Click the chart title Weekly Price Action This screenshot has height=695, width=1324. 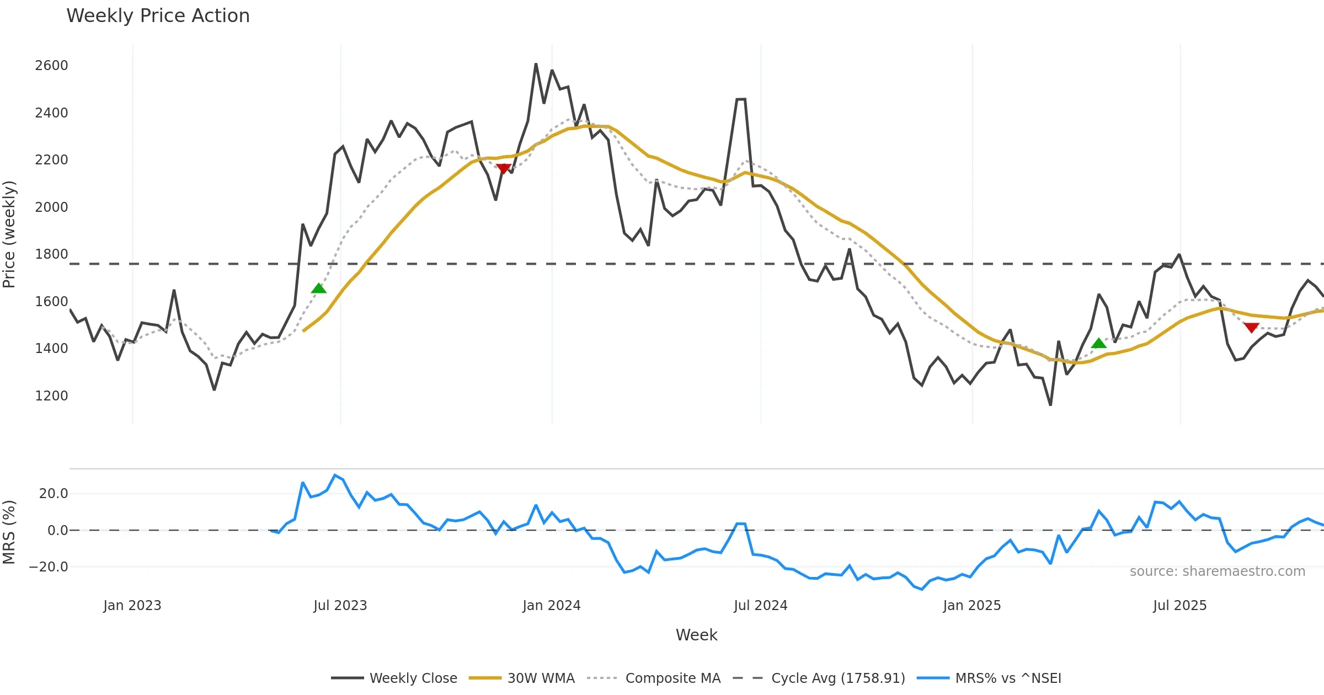point(158,16)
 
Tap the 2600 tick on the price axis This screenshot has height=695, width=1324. point(51,66)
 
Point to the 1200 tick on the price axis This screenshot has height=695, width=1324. point(51,396)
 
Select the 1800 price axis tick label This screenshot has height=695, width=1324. point(51,254)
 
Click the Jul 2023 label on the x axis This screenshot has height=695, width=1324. point(340,606)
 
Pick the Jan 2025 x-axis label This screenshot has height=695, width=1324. point(971,606)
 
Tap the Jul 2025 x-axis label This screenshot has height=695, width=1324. point(1179,606)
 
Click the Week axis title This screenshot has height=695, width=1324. point(696,635)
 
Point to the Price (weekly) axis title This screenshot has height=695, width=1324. point(9,234)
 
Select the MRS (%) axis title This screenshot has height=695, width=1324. point(9,532)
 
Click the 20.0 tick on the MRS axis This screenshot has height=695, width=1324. point(53,494)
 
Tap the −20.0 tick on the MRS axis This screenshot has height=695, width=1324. point(49,567)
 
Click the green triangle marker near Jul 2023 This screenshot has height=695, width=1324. point(319,288)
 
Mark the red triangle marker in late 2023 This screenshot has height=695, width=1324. point(503,168)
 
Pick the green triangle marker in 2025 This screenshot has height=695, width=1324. point(1099,344)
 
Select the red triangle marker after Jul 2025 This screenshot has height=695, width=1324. point(1251,328)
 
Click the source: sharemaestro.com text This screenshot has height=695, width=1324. point(1217,571)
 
